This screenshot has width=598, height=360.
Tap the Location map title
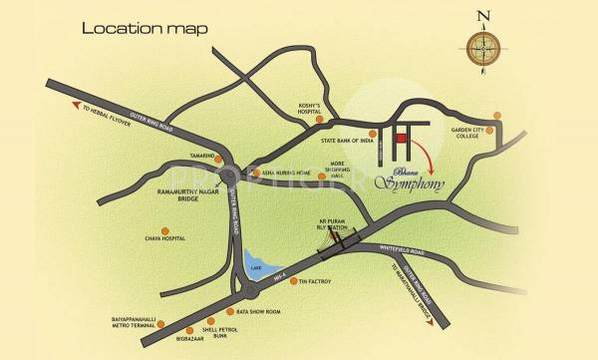(x=145, y=28)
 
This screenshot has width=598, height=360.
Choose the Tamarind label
(x=203, y=157)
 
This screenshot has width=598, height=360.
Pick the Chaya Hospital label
(x=165, y=238)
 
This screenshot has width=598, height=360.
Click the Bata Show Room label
(x=258, y=311)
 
